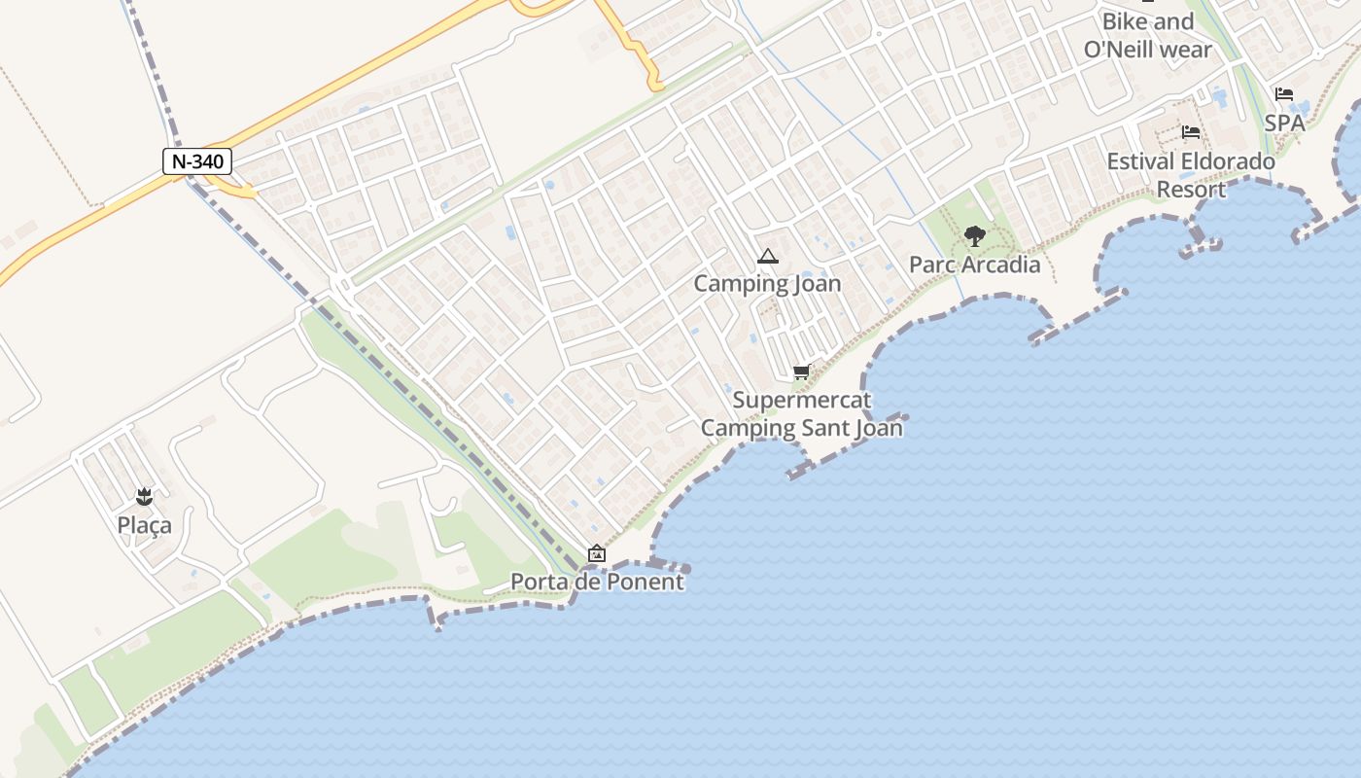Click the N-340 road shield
196,161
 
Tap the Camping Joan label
767,284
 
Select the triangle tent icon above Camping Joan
768,257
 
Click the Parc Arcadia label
974,265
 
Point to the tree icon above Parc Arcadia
974,235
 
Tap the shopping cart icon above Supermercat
802,371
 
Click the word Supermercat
802,400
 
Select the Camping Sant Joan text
802,427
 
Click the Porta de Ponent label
597,582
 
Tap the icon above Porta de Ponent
597,554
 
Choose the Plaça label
144,525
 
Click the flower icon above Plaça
145,498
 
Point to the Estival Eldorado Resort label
1191,175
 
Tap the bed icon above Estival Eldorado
1191,132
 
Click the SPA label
1284,124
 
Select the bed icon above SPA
1284,95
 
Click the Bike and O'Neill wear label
1148,35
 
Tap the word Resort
1191,189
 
